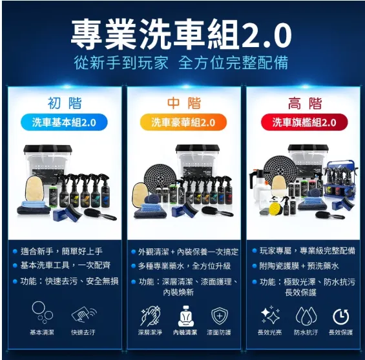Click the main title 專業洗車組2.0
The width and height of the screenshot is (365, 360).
point(181,32)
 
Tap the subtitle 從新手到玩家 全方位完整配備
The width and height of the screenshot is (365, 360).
point(181,63)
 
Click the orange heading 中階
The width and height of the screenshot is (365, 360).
point(183,103)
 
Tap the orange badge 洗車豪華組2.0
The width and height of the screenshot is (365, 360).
point(183,122)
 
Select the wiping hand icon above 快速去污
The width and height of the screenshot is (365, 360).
point(84,314)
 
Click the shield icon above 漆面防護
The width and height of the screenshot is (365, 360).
point(220,316)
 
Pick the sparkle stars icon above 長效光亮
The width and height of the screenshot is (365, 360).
point(269,315)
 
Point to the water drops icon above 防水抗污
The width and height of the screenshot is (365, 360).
point(306,315)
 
